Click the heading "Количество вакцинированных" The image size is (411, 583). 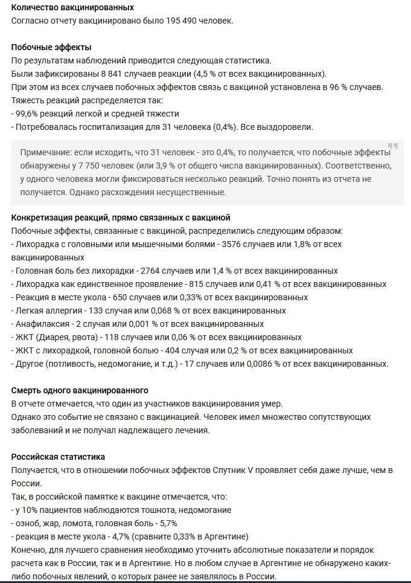tap(72, 7)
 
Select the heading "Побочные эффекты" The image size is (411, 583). tap(51, 47)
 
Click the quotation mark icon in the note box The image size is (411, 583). tap(393, 147)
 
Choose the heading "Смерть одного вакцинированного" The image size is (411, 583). tap(80, 390)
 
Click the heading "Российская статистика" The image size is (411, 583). tap(58, 457)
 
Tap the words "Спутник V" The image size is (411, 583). tap(232, 470)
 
